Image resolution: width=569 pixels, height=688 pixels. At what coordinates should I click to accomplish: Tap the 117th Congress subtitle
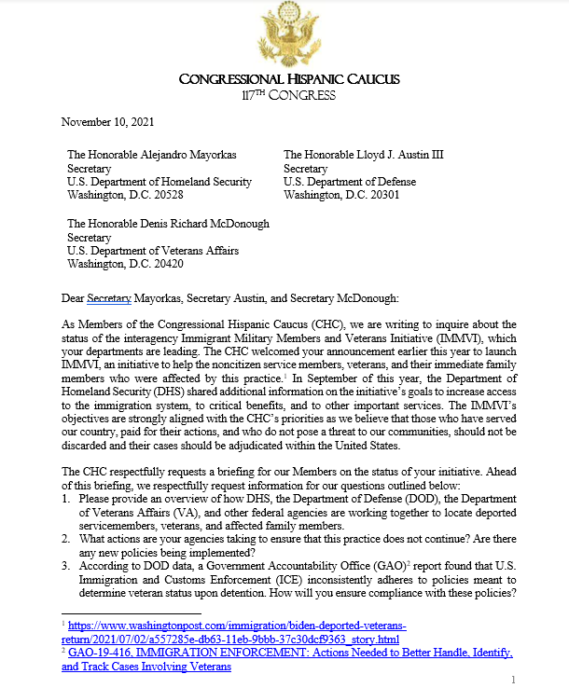(284, 95)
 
